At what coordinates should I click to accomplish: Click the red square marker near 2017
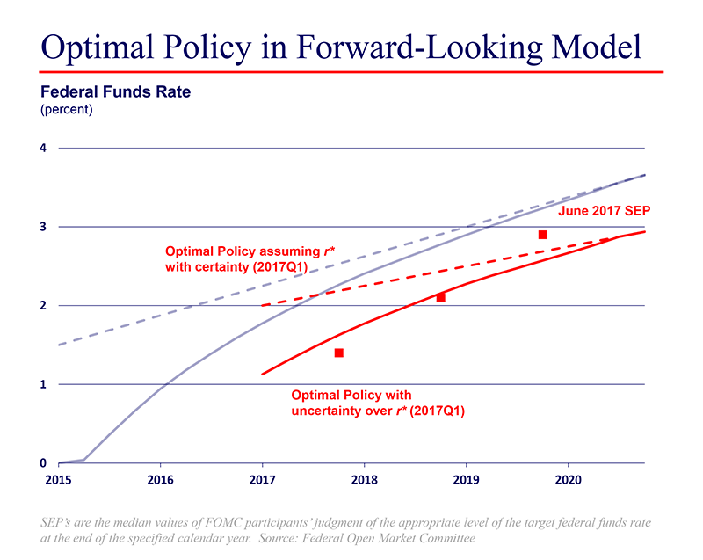pyautogui.click(x=338, y=353)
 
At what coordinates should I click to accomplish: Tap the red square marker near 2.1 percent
pyautogui.click(x=441, y=297)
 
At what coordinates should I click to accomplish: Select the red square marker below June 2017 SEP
pyautogui.click(x=543, y=235)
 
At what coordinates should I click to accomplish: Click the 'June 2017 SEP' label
pyautogui.click(x=603, y=211)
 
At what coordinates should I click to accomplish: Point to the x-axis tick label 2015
pyautogui.click(x=58, y=481)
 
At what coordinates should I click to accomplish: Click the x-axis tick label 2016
pyautogui.click(x=160, y=481)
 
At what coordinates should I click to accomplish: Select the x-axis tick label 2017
pyautogui.click(x=262, y=481)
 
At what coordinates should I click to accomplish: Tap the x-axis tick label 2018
pyautogui.click(x=364, y=481)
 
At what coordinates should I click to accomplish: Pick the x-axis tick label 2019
pyautogui.click(x=466, y=481)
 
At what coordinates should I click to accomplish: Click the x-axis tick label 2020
pyautogui.click(x=568, y=481)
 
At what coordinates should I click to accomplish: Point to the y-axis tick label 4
pyautogui.click(x=42, y=148)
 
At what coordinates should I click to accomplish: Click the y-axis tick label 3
pyautogui.click(x=42, y=227)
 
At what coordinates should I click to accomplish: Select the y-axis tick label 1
pyautogui.click(x=42, y=384)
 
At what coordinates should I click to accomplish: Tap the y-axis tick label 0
pyautogui.click(x=42, y=462)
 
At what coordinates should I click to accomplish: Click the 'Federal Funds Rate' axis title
pyautogui.click(x=116, y=91)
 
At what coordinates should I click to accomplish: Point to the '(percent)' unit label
pyautogui.click(x=67, y=110)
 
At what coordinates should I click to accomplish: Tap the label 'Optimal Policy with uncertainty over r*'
pyautogui.click(x=378, y=403)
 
